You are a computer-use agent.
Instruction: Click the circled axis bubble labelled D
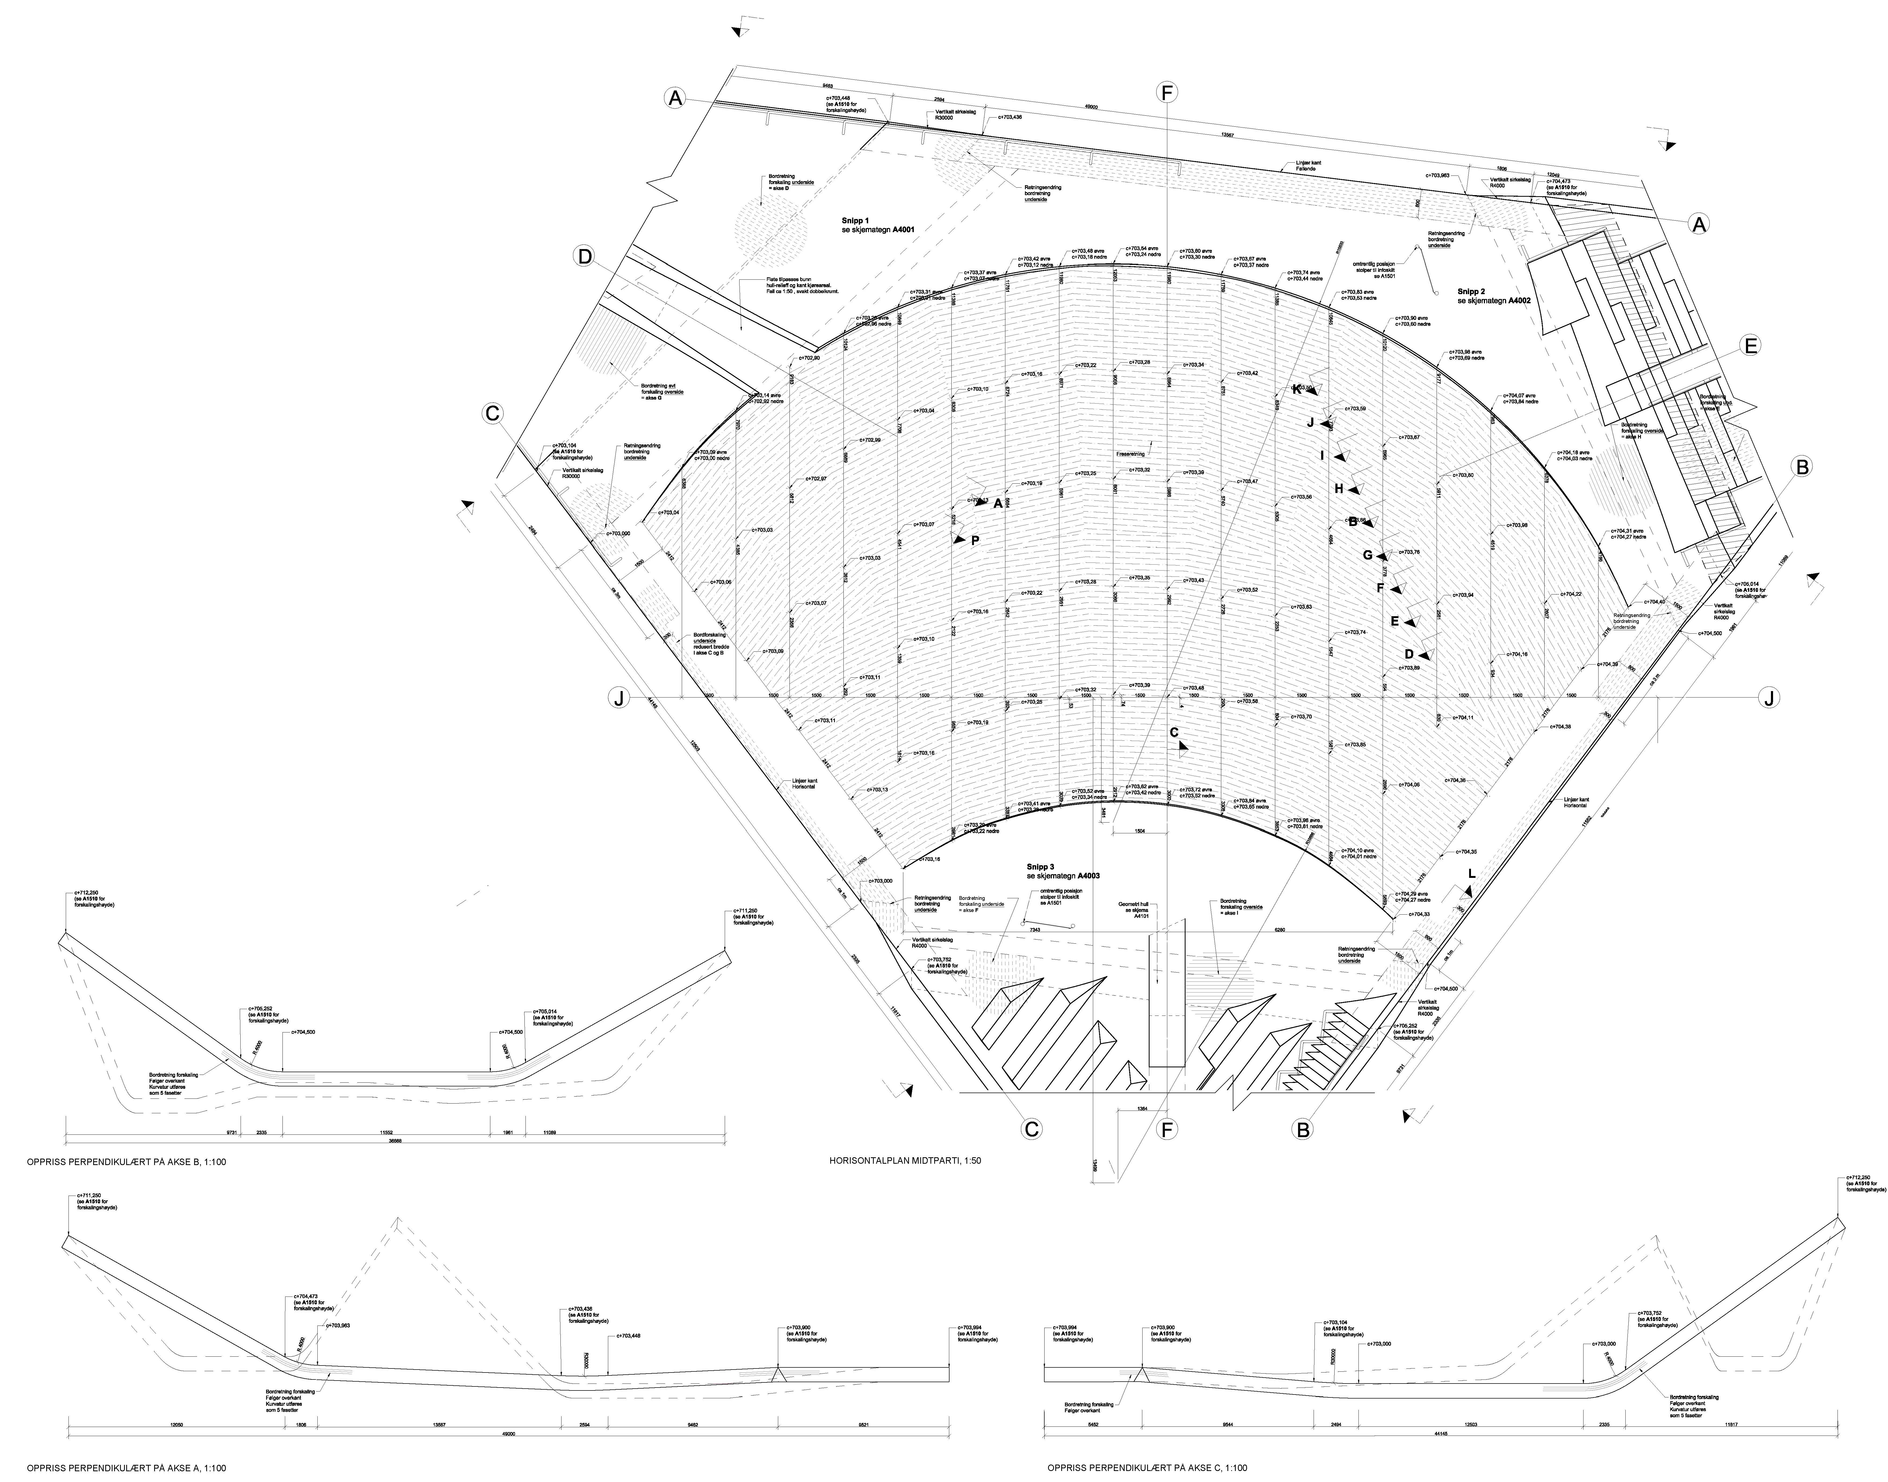(585, 257)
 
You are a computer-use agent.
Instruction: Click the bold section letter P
(975, 540)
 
